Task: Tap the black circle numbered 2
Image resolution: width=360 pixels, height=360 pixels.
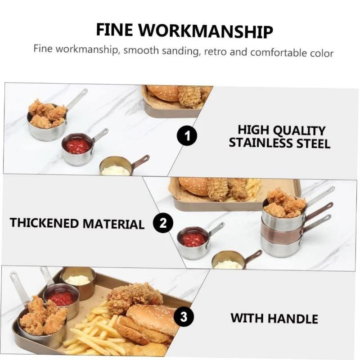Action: pos(163,222)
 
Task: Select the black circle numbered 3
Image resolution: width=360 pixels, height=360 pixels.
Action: pos(183,317)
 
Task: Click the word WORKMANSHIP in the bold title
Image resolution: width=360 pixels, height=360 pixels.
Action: pos(206,30)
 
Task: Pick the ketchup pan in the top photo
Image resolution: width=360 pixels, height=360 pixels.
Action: pos(77,149)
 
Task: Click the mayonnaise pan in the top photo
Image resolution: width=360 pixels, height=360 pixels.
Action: pos(116,167)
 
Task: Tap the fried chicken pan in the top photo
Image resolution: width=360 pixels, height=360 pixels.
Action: pos(47,123)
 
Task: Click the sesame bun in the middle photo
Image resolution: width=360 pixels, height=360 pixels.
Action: pos(193,185)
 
